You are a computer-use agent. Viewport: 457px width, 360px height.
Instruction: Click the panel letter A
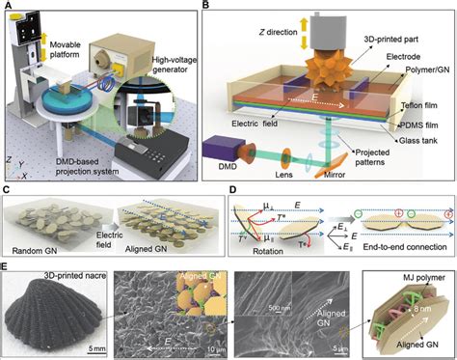8,7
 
